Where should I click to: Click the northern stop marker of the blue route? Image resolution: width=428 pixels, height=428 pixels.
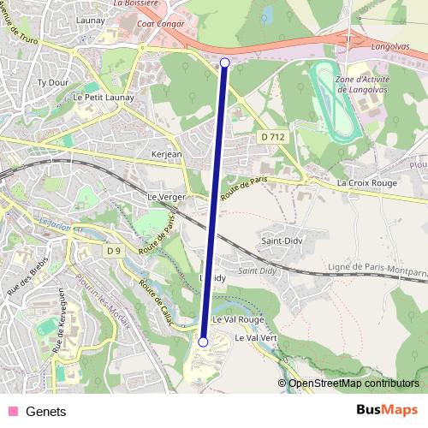tap(225, 62)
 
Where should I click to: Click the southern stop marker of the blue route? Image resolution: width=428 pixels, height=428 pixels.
tap(203, 342)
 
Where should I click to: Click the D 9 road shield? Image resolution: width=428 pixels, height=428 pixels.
tap(114, 251)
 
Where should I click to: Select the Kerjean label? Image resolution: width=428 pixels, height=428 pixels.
tap(166, 155)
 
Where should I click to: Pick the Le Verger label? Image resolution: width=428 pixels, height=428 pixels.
tap(166, 197)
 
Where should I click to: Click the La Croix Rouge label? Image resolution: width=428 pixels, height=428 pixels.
tap(366, 183)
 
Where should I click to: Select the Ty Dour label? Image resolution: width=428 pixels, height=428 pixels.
tap(52, 83)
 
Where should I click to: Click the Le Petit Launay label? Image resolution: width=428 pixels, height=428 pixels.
tap(100, 98)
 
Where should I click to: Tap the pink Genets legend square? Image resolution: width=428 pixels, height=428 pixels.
tap(13, 411)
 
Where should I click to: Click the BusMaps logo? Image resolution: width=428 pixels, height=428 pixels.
tap(387, 410)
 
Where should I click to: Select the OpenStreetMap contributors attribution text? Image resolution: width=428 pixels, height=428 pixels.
tap(353, 384)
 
